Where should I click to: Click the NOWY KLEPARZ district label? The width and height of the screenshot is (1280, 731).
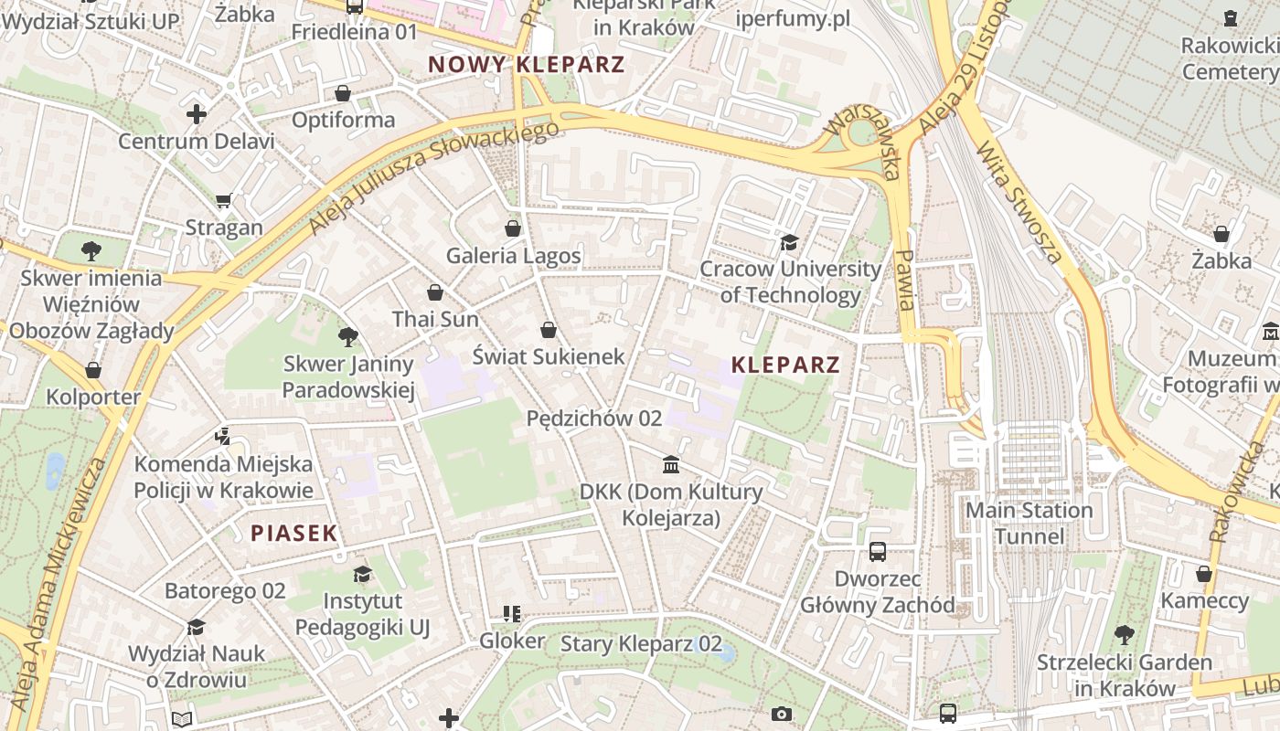(x=527, y=65)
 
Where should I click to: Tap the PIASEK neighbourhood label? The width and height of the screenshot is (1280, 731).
(x=293, y=534)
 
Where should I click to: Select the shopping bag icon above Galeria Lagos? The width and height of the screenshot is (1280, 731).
(x=513, y=228)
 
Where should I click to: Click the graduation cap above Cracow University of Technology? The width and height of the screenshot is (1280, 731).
(x=788, y=242)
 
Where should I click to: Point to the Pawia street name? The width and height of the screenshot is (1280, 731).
(x=905, y=280)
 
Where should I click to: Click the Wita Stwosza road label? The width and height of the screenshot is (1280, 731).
(x=1019, y=202)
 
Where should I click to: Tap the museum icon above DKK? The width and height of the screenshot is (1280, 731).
(x=671, y=464)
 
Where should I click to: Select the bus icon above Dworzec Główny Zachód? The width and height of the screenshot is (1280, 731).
(x=878, y=551)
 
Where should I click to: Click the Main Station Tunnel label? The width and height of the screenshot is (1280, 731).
(x=1029, y=523)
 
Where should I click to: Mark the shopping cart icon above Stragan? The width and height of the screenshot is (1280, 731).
(x=224, y=200)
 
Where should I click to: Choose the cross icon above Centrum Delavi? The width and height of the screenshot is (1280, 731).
(x=196, y=114)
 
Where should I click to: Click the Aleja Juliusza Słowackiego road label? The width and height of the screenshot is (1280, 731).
(x=433, y=178)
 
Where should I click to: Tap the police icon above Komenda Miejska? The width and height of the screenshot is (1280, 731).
(x=222, y=436)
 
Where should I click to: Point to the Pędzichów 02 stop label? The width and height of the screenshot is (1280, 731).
(x=594, y=418)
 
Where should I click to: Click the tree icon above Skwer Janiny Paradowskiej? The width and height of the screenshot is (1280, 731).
(x=347, y=337)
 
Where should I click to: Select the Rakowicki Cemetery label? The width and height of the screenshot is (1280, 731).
(x=1229, y=58)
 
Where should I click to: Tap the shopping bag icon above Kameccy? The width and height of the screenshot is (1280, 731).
(x=1204, y=574)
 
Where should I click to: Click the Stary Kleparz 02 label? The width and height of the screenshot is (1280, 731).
(x=641, y=643)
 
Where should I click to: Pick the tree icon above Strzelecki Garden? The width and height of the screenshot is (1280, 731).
(x=1125, y=634)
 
